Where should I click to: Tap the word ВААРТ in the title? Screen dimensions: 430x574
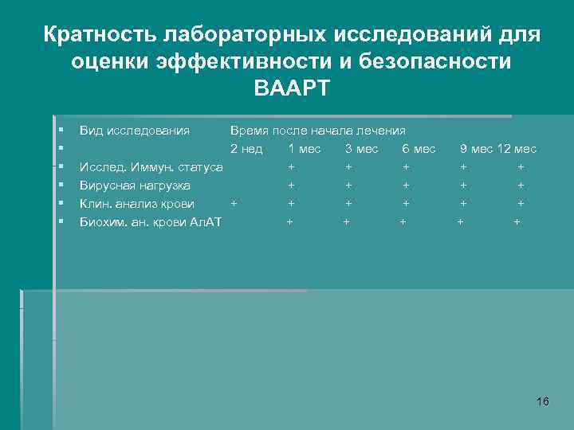point(291,88)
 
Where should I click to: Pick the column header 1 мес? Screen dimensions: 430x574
point(305,149)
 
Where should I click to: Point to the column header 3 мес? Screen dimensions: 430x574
point(362,149)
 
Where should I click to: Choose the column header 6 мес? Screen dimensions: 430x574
point(419,149)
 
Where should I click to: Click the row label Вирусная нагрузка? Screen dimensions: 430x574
point(135,186)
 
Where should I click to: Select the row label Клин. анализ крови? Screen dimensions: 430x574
point(136,204)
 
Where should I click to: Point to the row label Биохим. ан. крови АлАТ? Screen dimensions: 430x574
point(150,222)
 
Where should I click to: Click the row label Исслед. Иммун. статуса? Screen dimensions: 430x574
point(151,167)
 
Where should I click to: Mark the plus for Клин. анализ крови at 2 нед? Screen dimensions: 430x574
point(233,204)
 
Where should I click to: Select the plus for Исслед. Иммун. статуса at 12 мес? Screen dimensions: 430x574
point(521,167)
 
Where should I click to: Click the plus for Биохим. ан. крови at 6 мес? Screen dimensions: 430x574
point(403,222)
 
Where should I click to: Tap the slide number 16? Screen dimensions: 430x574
point(543,401)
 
